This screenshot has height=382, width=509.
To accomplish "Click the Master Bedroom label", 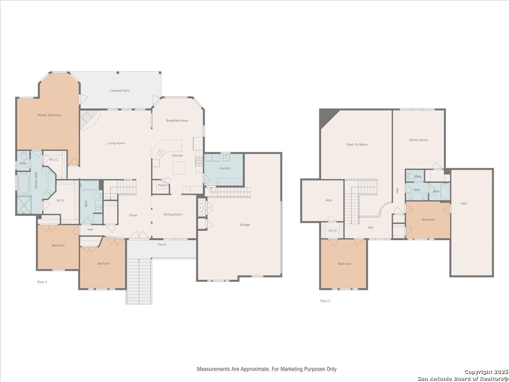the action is click(49, 115).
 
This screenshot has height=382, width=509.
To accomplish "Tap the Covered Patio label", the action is click(120, 90).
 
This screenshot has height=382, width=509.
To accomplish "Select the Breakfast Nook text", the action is click(177, 121).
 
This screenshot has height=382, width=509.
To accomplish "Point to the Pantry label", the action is click(162, 185).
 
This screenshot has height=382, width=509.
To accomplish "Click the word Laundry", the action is click(225, 168).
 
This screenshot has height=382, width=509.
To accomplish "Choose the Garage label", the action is click(245, 225).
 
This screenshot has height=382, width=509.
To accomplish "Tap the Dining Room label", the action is click(173, 214).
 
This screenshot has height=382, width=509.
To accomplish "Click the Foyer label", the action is click(133, 215).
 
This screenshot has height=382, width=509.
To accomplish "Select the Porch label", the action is click(162, 244).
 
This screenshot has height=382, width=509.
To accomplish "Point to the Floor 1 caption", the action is click(42, 282).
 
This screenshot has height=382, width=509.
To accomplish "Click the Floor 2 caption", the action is click(325, 301).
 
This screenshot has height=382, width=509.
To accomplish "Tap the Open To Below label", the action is click(357, 144).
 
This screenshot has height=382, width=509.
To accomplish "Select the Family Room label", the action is click(418, 140).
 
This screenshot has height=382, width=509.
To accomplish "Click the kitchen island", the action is click(179, 168).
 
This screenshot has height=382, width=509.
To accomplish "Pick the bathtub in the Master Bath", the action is click(23, 183).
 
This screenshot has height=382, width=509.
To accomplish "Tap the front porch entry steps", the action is click(139, 281).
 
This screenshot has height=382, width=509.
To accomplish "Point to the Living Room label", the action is click(116, 143).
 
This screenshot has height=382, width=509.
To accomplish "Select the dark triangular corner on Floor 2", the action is click(326, 116).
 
